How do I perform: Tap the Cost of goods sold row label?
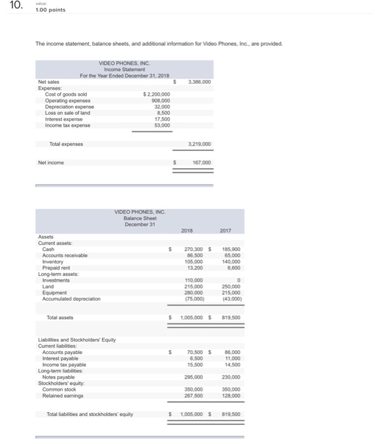click(x=66, y=94)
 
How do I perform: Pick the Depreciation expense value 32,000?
click(x=162, y=107)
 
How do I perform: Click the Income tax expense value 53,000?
click(x=162, y=125)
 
